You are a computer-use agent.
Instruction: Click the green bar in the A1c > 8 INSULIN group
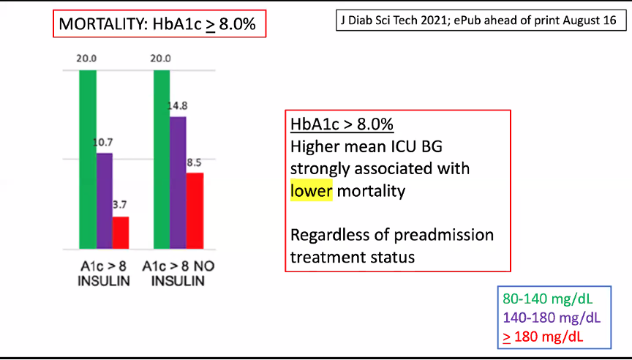coord(88,160)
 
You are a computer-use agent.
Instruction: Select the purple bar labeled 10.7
coord(105,201)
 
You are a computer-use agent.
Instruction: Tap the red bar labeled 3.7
coord(121,233)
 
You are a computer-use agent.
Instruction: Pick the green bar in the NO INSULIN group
coord(162,160)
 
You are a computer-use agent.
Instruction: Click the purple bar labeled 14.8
coord(178,183)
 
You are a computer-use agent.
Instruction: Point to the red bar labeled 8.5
coord(195,211)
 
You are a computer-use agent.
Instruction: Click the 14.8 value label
coord(178,106)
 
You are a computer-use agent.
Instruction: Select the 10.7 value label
coord(103,142)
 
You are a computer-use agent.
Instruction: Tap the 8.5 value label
coord(194,163)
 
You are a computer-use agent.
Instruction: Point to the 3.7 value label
coord(120,205)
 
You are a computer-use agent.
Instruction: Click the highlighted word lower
coord(311,191)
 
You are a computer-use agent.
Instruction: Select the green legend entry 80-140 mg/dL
coord(548,299)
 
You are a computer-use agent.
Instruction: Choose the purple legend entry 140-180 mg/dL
coord(552,318)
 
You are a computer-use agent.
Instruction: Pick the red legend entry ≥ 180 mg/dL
coord(543,337)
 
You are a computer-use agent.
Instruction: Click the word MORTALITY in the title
coord(103,24)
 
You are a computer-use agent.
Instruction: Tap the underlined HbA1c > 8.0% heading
coord(342,124)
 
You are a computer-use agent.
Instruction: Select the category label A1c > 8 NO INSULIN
coord(178,274)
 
